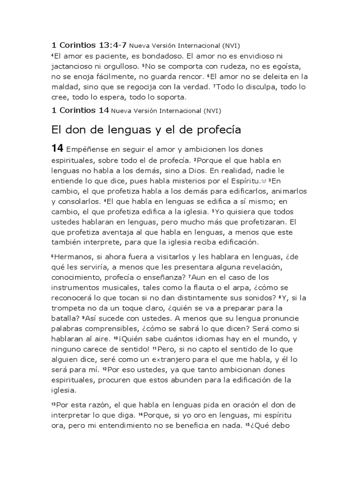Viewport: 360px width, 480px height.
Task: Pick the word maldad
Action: tap(64, 87)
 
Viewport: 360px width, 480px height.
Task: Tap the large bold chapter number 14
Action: tap(57, 149)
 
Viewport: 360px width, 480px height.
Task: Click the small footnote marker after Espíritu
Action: tap(263, 180)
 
